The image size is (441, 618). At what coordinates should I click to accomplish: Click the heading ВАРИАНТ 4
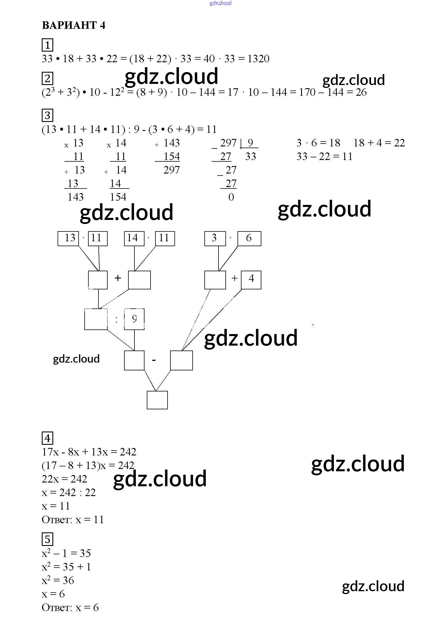point(73,25)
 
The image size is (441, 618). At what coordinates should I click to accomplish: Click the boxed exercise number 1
point(47,45)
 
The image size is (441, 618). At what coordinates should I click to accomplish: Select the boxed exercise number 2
point(47,78)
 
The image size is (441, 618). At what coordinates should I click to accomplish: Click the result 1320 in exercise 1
point(258,59)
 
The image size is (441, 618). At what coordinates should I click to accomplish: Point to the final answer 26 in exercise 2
point(361,92)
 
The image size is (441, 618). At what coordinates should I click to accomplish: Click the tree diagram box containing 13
point(68,238)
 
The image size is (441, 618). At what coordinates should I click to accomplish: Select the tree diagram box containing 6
point(249,238)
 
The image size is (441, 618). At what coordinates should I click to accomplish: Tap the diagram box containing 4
point(251,280)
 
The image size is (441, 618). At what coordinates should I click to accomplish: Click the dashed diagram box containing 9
point(134,319)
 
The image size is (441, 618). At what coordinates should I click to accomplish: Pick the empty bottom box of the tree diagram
point(157,400)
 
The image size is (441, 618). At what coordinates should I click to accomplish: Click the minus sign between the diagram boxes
point(154,360)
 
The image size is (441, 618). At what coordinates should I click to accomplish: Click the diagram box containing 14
point(134,238)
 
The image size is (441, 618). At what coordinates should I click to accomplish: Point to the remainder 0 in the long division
point(231,197)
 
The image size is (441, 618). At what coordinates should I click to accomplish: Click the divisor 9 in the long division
point(250,143)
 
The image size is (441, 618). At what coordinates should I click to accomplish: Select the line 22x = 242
point(64,479)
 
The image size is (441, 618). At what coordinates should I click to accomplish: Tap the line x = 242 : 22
point(69,493)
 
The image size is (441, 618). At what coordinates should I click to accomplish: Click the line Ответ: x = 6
point(70,608)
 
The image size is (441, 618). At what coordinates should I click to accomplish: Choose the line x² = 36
point(58,580)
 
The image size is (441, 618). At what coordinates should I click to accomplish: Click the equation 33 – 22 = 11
point(324,157)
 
